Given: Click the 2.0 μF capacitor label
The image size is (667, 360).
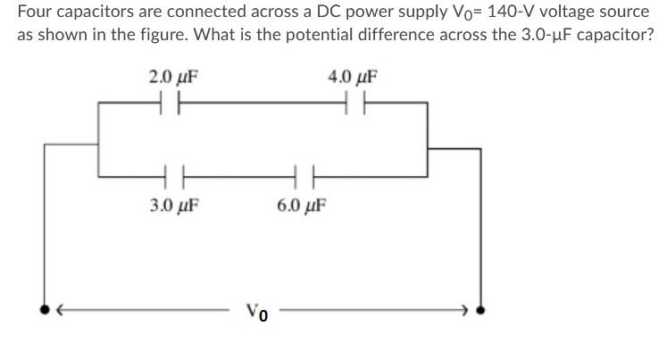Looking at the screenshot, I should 172,77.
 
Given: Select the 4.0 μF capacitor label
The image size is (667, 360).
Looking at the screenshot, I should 353,77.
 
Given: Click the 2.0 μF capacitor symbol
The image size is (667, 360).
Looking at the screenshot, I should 172,105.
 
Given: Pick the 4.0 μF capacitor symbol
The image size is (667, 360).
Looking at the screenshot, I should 353,105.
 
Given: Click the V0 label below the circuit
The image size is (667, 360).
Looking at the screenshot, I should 258,313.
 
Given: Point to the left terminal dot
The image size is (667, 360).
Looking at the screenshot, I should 45,311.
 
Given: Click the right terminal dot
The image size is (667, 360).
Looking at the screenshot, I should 482,311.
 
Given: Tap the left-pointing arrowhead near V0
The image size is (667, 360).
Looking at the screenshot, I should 60,311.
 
